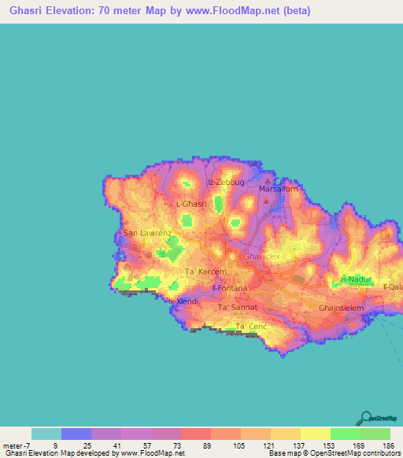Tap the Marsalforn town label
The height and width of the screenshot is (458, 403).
pos(275,189)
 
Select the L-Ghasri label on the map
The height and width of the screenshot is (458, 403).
pos(191,204)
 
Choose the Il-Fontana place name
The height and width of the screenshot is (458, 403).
pos(230,288)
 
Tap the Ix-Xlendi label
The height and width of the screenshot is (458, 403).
pos(183,301)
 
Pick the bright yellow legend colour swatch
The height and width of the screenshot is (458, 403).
pos(315,434)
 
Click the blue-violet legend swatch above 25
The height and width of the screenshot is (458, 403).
pos(76,434)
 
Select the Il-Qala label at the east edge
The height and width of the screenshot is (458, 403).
pos(393,287)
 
